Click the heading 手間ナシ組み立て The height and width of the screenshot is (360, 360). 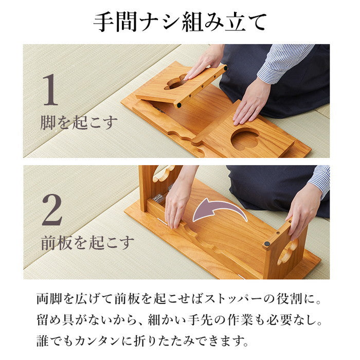pyautogui.click(x=180, y=22)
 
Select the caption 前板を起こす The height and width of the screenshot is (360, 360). pyautogui.click(x=87, y=242)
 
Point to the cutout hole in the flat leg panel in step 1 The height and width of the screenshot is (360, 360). pyautogui.click(x=245, y=139)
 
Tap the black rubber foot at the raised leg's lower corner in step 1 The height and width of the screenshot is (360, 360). pyautogui.click(x=178, y=105)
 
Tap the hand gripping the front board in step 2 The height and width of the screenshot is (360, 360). pyautogui.click(x=177, y=201)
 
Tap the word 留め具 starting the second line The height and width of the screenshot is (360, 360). pyautogui.click(x=57, y=320)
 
